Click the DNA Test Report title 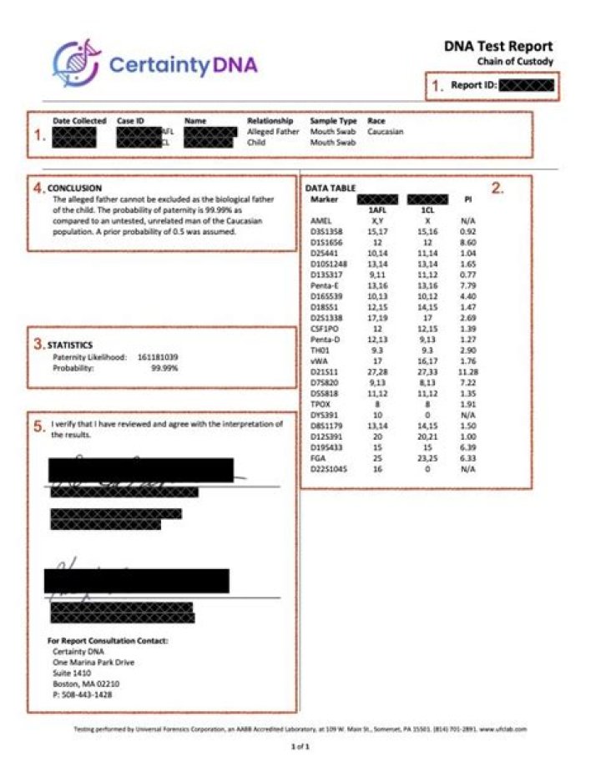[498, 47]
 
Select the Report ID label [474, 85]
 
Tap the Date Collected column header [79, 121]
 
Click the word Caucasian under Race [388, 132]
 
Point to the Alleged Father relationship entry [273, 132]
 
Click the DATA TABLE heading [332, 189]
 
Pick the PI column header [467, 200]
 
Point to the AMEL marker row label [321, 220]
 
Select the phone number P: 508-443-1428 [82, 694]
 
